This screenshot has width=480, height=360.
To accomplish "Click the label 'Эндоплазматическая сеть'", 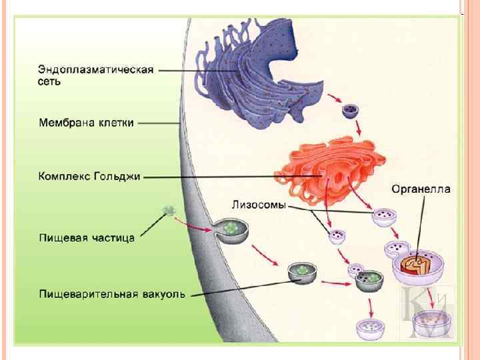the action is click(95, 75).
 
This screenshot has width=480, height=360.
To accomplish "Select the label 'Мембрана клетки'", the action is click(86, 123).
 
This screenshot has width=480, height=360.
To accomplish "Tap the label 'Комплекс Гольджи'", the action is click(90, 177).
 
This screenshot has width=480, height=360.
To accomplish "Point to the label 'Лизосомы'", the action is click(258, 205).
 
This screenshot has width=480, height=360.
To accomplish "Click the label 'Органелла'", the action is click(420, 189).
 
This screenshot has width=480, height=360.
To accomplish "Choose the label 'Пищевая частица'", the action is click(86, 237).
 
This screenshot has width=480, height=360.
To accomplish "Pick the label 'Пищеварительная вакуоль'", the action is click(111, 293).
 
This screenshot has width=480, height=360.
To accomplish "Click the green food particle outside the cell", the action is click(168, 212).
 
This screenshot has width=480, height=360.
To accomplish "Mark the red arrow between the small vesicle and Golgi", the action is click(358, 126).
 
